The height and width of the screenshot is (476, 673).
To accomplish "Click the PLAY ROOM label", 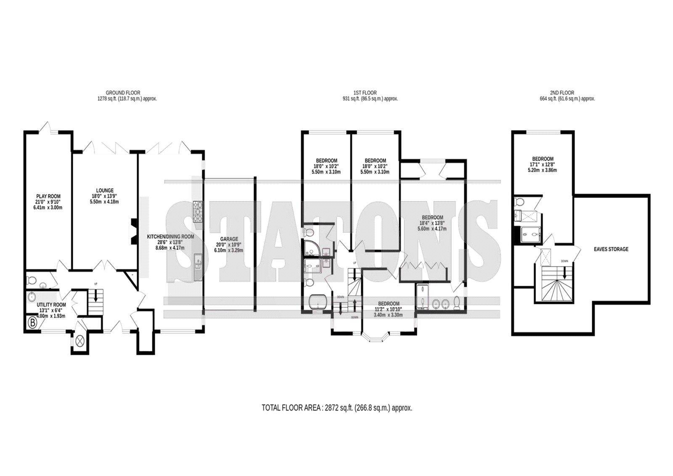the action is [48, 197].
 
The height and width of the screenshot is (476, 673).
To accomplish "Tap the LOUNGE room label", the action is [105, 190].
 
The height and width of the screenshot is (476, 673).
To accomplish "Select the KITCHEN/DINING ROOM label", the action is [170, 237].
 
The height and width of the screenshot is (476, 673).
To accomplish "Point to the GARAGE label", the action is [229, 239].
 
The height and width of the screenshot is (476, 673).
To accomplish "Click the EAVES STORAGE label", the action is [611, 249].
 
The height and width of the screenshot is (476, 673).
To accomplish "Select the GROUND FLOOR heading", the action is [123, 93].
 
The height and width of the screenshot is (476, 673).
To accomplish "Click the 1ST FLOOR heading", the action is [365, 93].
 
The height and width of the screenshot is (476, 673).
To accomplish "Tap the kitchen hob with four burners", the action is [198, 212].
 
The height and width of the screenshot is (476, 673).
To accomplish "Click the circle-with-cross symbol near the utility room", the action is [79, 340].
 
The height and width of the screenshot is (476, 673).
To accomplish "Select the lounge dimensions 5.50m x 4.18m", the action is [104, 202].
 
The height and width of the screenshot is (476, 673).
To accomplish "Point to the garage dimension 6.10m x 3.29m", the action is [229, 250].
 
